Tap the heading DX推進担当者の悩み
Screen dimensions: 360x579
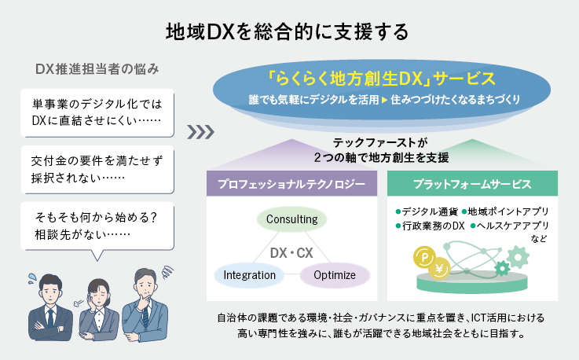click(x=97, y=69)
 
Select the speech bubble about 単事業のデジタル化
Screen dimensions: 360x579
click(x=97, y=111)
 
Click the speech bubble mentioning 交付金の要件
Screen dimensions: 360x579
click(x=97, y=169)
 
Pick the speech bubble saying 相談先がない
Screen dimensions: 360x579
click(x=97, y=226)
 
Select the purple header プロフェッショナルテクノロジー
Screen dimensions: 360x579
click(x=291, y=186)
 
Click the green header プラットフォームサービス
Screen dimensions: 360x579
click(x=472, y=186)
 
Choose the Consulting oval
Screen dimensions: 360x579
click(x=291, y=219)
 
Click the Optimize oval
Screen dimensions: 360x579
click(x=335, y=275)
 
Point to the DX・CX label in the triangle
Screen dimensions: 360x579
click(x=291, y=254)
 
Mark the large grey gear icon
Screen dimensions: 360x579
click(x=518, y=256)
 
